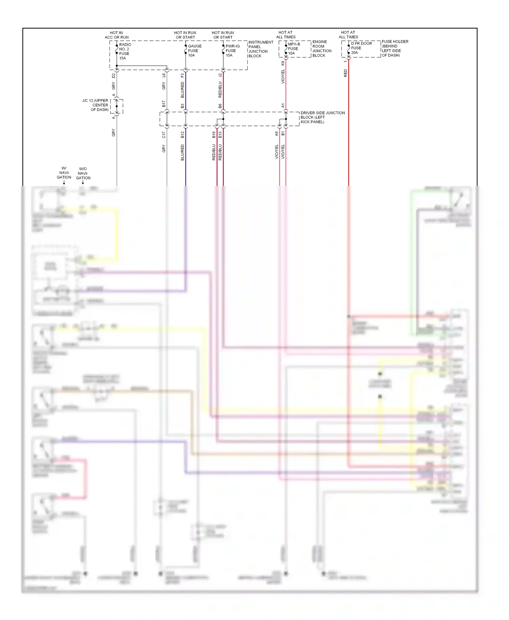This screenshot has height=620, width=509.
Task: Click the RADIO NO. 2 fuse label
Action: coord(125,51)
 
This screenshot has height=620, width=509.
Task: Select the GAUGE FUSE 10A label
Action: coord(194,51)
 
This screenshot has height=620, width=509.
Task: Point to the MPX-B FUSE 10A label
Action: coord(294,49)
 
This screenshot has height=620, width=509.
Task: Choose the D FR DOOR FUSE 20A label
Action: coord(361,48)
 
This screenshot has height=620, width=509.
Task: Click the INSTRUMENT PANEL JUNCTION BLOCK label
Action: coord(260,49)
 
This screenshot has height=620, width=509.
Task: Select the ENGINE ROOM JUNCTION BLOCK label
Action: coord(321,49)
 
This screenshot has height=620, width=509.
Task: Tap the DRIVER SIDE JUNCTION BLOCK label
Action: coord(322,117)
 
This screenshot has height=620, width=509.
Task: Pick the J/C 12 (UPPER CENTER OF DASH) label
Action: coord(95,105)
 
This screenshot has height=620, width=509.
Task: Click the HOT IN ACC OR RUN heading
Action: coord(116,35)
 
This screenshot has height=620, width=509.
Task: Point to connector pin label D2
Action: coord(114,76)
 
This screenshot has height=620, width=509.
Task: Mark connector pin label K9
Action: coord(283,63)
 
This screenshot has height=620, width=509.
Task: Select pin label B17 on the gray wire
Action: coord(164,104)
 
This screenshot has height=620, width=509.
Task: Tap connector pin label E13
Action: coord(220,135)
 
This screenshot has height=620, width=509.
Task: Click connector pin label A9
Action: coord(277,134)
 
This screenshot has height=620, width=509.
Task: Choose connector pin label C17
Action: coord(164,135)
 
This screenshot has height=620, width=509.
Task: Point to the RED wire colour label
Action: coord(345,73)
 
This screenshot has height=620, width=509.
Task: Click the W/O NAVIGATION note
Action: coord(83,173)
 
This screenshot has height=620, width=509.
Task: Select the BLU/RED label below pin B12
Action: coord(183,152)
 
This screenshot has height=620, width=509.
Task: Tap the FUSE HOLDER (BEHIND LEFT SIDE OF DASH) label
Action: coord(395,49)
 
